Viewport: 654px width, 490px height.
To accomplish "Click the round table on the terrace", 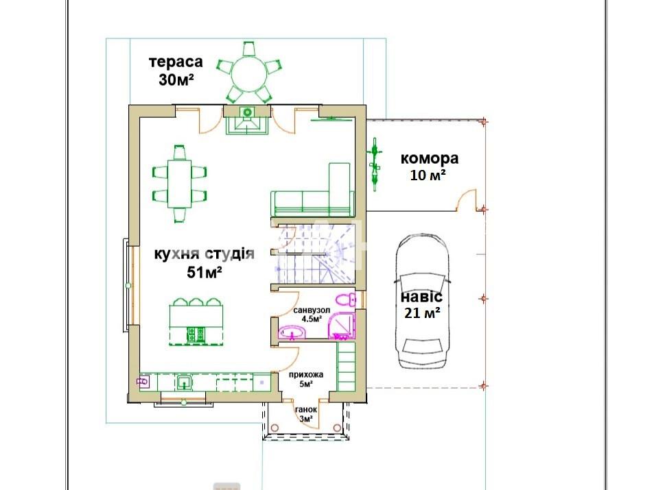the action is [249, 74].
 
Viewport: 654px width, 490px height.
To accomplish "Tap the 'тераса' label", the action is [176, 62].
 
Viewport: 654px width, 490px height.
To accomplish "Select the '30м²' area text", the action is [176, 79].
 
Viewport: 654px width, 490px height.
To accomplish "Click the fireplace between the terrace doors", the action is [247, 120].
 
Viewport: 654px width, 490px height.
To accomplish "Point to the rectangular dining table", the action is [179, 184].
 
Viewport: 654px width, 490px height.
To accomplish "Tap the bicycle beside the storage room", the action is [375, 164].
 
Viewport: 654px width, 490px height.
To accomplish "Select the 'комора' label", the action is [430, 158].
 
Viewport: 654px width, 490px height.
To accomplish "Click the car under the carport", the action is [423, 302].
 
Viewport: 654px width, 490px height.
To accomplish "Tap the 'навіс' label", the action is [421, 297].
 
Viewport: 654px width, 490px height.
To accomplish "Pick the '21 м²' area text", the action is [423, 313].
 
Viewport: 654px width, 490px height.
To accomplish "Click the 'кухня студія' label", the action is [205, 254].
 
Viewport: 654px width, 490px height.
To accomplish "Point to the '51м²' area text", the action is [205, 272].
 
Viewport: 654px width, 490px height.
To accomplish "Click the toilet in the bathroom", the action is [346, 299].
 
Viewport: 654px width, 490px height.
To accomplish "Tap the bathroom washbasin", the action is [292, 332].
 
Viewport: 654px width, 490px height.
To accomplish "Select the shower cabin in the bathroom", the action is [342, 326].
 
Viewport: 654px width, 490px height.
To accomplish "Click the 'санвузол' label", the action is [312, 310].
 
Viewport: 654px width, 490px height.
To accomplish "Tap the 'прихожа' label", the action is [306, 375].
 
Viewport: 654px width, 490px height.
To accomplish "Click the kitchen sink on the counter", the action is [183, 382].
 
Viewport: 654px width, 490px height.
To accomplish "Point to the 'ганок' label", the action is [306, 410].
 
